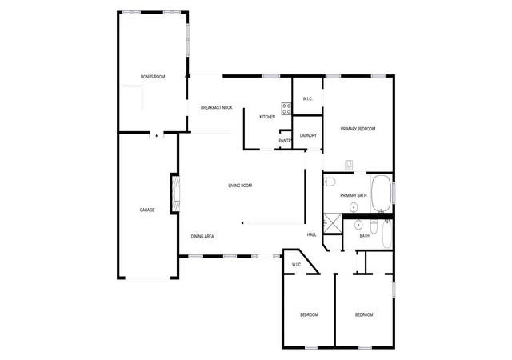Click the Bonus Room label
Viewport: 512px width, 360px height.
pos(153,77)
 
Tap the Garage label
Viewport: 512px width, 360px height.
pos(147,210)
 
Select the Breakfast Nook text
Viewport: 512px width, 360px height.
pos(217,107)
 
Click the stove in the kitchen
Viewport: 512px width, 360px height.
pos(286,109)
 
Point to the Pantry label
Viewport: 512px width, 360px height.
pos(285,141)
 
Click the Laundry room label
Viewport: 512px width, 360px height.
pos(308,135)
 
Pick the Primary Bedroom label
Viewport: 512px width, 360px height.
pos(358,129)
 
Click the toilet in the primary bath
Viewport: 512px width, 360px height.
pos(330,182)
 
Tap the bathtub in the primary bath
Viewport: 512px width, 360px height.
pos(381,194)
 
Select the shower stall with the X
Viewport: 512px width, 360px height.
pos(333,224)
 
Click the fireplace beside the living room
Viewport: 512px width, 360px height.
pos(175,194)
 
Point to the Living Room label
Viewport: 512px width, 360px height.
pos(240,186)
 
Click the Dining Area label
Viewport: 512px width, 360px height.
pos(202,237)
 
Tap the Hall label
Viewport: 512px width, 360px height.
pos(311,234)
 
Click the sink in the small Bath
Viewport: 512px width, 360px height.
pos(358,225)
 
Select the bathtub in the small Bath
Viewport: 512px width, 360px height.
pos(387,234)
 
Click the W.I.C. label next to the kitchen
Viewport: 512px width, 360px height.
pos(307,98)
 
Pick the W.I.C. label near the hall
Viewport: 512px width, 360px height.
pos(297,265)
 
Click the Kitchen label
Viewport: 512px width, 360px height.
pos(267,117)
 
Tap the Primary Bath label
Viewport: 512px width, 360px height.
pos(354,196)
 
